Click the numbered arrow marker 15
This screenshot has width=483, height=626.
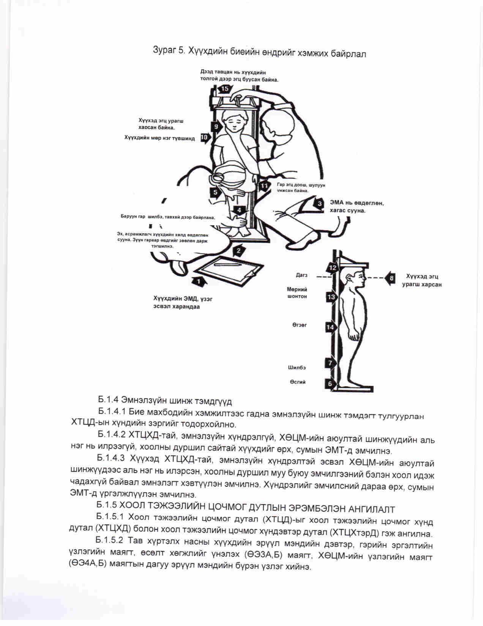[224, 89]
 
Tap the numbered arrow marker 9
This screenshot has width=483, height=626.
[216, 126]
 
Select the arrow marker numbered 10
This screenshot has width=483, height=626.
[205, 138]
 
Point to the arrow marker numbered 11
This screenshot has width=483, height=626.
[264, 186]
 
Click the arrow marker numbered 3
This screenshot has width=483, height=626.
[320, 203]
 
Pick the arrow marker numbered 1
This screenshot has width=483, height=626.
[198, 281]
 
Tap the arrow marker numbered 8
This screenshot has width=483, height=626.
[391, 278]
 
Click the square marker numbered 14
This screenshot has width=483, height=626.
[330, 327]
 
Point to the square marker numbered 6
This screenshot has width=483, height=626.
[330, 384]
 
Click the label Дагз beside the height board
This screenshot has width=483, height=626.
[302, 275]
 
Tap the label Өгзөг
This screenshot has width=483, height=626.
[300, 325]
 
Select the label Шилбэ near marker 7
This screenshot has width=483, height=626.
[297, 367]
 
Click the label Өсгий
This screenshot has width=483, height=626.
[298, 382]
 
